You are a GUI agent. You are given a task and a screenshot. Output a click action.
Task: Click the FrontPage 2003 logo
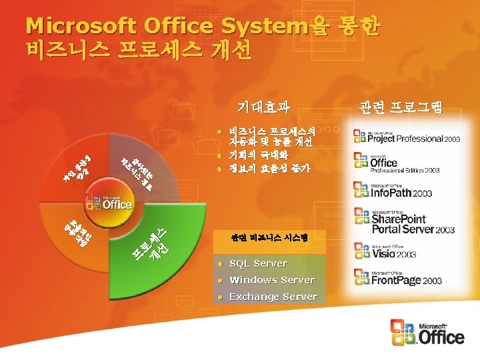click(x=397, y=277)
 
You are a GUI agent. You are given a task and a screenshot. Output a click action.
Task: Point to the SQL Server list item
click(x=258, y=263)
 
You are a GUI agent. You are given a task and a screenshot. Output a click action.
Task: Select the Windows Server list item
click(x=271, y=280)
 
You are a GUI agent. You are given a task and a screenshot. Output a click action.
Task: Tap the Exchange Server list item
click(x=273, y=297)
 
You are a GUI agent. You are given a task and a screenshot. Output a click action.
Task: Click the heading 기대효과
click(x=264, y=106)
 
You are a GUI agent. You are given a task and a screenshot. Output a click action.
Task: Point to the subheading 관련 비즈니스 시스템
click(x=269, y=237)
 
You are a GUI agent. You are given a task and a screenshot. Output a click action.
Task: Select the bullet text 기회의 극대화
click(x=257, y=155)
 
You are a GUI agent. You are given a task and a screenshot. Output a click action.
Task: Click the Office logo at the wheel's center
click(x=108, y=202)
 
